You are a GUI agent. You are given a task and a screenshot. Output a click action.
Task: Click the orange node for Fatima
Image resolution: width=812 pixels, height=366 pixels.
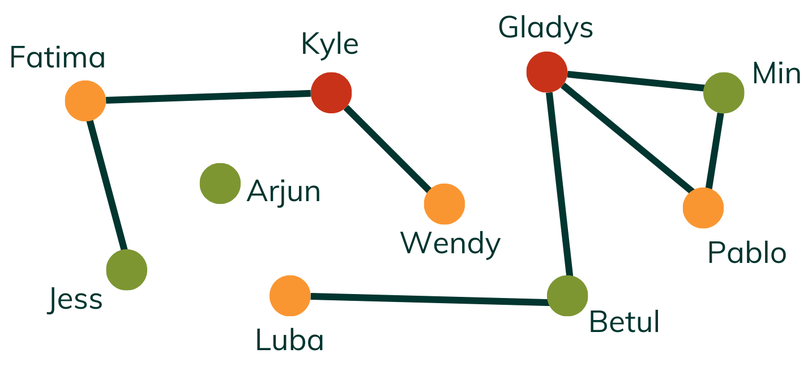click(85, 101)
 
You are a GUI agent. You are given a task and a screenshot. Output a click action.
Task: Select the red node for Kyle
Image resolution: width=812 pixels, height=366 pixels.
click(331, 93)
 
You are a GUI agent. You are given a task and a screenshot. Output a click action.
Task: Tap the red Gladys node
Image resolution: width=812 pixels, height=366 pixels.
click(546, 71)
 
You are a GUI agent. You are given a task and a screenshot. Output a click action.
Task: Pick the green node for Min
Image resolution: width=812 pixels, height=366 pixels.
click(724, 92)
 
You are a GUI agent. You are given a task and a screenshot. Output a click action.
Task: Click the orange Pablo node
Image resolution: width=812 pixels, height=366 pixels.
click(703, 208)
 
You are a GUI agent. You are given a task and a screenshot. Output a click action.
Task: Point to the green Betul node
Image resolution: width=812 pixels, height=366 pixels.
click(567, 296)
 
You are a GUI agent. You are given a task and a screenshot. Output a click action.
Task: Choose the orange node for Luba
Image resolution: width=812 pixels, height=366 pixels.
click(290, 296)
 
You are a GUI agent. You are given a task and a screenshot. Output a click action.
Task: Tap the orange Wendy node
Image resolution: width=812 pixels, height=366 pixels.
click(444, 204)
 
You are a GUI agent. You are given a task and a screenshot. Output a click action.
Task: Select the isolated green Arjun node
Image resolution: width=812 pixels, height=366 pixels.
click(220, 184)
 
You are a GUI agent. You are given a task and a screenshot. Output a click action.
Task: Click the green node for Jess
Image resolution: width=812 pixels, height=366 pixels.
click(126, 270)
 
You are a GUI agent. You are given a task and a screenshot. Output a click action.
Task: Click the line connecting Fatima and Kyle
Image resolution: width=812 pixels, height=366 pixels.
click(208, 97)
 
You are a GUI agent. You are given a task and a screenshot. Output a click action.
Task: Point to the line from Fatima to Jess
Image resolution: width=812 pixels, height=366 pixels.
click(106, 185)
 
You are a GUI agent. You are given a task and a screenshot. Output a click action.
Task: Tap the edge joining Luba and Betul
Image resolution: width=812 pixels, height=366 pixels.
click(429, 299)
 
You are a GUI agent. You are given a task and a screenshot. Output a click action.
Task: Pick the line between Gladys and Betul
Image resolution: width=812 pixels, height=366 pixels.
click(557, 184)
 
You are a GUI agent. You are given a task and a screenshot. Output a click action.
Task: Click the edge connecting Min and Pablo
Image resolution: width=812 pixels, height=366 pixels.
click(714, 150)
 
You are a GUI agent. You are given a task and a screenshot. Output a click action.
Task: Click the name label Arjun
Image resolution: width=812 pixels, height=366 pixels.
click(284, 193)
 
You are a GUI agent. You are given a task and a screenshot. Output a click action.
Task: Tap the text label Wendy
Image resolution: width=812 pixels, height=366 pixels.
click(451, 244)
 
